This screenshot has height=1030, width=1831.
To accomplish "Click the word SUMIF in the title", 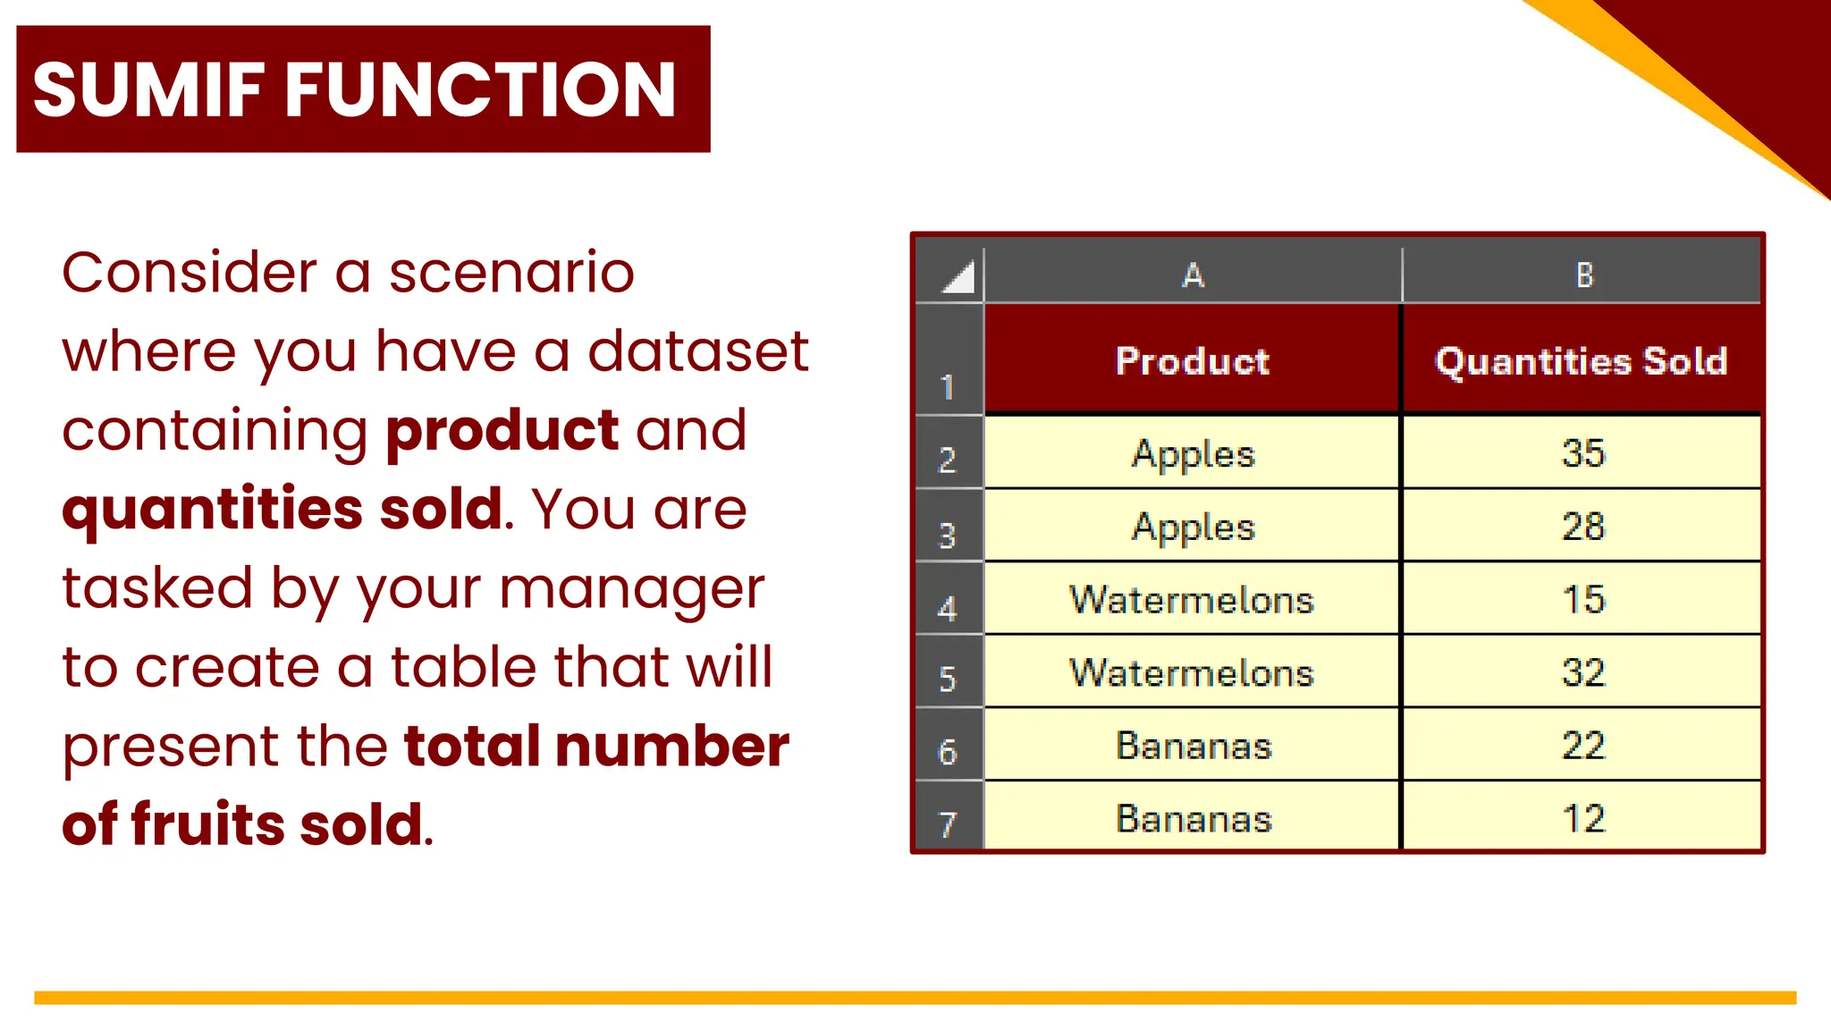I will pyautogui.click(x=148, y=89).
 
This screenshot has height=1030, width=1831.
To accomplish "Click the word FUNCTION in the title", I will pyautogui.click(x=480, y=89).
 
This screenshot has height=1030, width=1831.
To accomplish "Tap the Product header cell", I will pyautogui.click(x=1192, y=361).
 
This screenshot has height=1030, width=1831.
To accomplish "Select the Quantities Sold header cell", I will pyautogui.click(x=1581, y=361).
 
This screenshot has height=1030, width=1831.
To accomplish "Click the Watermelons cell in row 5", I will pyautogui.click(x=1192, y=672).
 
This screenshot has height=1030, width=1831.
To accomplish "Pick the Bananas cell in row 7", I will pyautogui.click(x=1193, y=818).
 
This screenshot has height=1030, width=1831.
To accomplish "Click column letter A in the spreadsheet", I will pyautogui.click(x=1193, y=275).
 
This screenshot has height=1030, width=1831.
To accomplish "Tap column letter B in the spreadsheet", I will pyautogui.click(x=1583, y=275).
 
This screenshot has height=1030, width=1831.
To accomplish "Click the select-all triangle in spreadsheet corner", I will pyautogui.click(x=958, y=277).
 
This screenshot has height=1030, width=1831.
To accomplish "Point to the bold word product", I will pyautogui.click(x=502, y=431).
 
